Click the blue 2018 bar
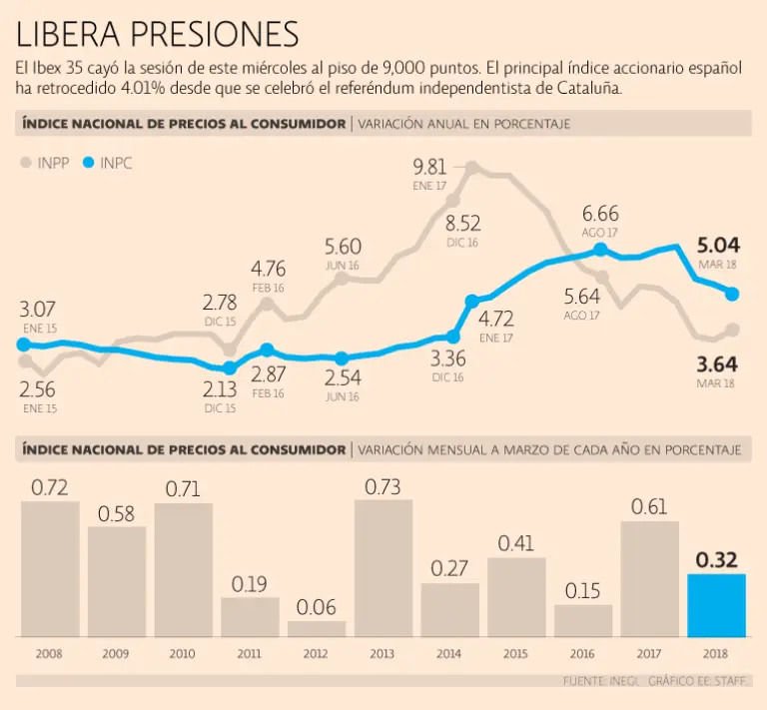coord(716,605)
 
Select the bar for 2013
coord(383,567)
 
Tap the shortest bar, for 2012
coord(317,629)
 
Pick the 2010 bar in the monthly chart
coord(183,569)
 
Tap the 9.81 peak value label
coord(430,167)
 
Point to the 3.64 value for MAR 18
coord(716,363)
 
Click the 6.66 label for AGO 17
coord(600,214)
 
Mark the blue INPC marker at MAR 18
coord(732,294)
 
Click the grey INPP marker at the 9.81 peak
coord(471,169)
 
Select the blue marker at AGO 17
coord(600,250)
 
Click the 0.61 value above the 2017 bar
coord(649,507)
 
